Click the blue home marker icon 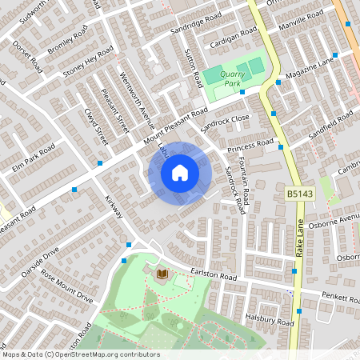[180, 172]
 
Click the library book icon [162, 275]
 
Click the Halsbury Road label [271, 320]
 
